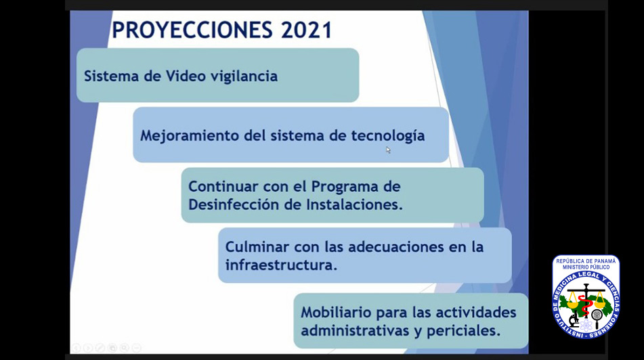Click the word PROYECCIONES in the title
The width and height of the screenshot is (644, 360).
pyautogui.click(x=192, y=30)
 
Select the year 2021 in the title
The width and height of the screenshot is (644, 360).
pyautogui.click(x=306, y=30)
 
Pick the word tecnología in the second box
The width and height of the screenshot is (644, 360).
pyautogui.click(x=388, y=136)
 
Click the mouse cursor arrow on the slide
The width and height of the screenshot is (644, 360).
pyautogui.click(x=388, y=150)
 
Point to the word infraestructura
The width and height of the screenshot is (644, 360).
pyautogui.click(x=281, y=265)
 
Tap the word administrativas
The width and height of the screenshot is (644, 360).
pyautogui.click(x=354, y=331)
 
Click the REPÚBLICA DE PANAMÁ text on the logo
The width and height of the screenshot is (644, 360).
pyautogui.click(x=586, y=261)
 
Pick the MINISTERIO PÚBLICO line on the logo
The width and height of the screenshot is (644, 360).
pyautogui.click(x=586, y=267)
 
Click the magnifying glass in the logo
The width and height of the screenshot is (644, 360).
pyautogui.click(x=597, y=317)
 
